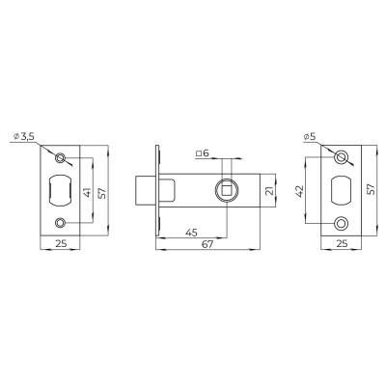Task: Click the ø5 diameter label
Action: [310, 137]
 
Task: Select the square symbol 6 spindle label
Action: [201, 152]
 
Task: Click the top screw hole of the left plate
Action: [62, 157]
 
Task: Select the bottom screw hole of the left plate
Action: [62, 224]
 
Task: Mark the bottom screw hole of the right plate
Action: [340, 223]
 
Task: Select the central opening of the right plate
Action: [340, 190]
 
